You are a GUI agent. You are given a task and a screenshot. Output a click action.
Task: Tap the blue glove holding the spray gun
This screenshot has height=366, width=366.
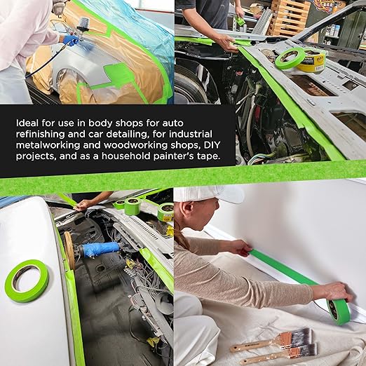tap(72, 40)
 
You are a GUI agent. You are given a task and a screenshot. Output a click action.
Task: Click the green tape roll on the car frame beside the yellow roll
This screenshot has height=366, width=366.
tap(289, 57)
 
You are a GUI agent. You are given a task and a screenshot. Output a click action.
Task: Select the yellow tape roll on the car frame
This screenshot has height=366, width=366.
tap(313, 61)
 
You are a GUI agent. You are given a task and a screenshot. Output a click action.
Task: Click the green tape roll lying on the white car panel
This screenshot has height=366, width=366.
tap(27, 280)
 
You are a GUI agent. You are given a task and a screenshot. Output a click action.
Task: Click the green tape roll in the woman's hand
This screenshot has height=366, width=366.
tap(339, 311)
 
